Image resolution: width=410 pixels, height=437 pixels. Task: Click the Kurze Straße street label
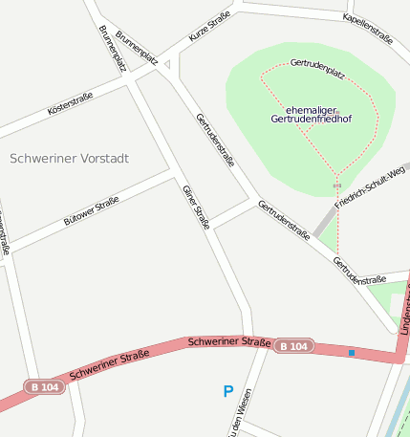click(209, 25)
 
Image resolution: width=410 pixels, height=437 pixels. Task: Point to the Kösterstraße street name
click(70, 104)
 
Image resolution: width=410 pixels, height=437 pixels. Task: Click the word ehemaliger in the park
click(311, 110)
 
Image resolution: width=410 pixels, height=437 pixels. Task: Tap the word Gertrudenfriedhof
click(311, 120)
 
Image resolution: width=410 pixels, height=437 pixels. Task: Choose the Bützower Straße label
click(91, 210)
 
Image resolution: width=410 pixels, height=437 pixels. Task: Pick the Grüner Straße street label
click(196, 207)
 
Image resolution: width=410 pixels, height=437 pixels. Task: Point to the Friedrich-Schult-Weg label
click(370, 187)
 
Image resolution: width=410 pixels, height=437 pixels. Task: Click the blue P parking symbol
click(227, 391)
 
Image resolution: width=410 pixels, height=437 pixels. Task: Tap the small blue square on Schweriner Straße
click(352, 353)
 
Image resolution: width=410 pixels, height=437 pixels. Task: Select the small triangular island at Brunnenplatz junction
click(167, 65)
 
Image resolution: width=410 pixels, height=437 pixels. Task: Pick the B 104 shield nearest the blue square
click(294, 346)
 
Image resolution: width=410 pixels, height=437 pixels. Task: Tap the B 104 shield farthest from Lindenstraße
click(46, 387)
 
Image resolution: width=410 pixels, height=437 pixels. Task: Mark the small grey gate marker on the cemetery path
click(336, 185)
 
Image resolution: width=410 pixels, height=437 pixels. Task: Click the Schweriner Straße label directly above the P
click(229, 341)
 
